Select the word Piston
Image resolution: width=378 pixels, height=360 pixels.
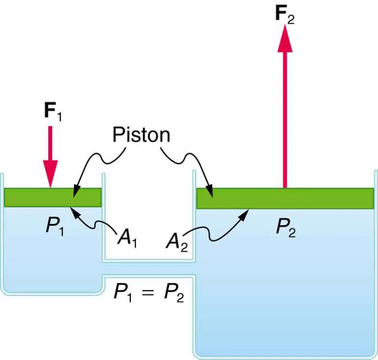[141, 135]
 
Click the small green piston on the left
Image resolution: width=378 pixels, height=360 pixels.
[53, 197]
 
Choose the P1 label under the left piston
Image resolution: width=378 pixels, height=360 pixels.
[55, 227]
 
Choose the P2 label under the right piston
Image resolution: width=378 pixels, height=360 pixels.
[286, 228]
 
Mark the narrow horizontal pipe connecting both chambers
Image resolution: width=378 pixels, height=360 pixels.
[149, 269]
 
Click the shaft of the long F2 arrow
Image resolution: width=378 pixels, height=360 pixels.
[284, 117]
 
